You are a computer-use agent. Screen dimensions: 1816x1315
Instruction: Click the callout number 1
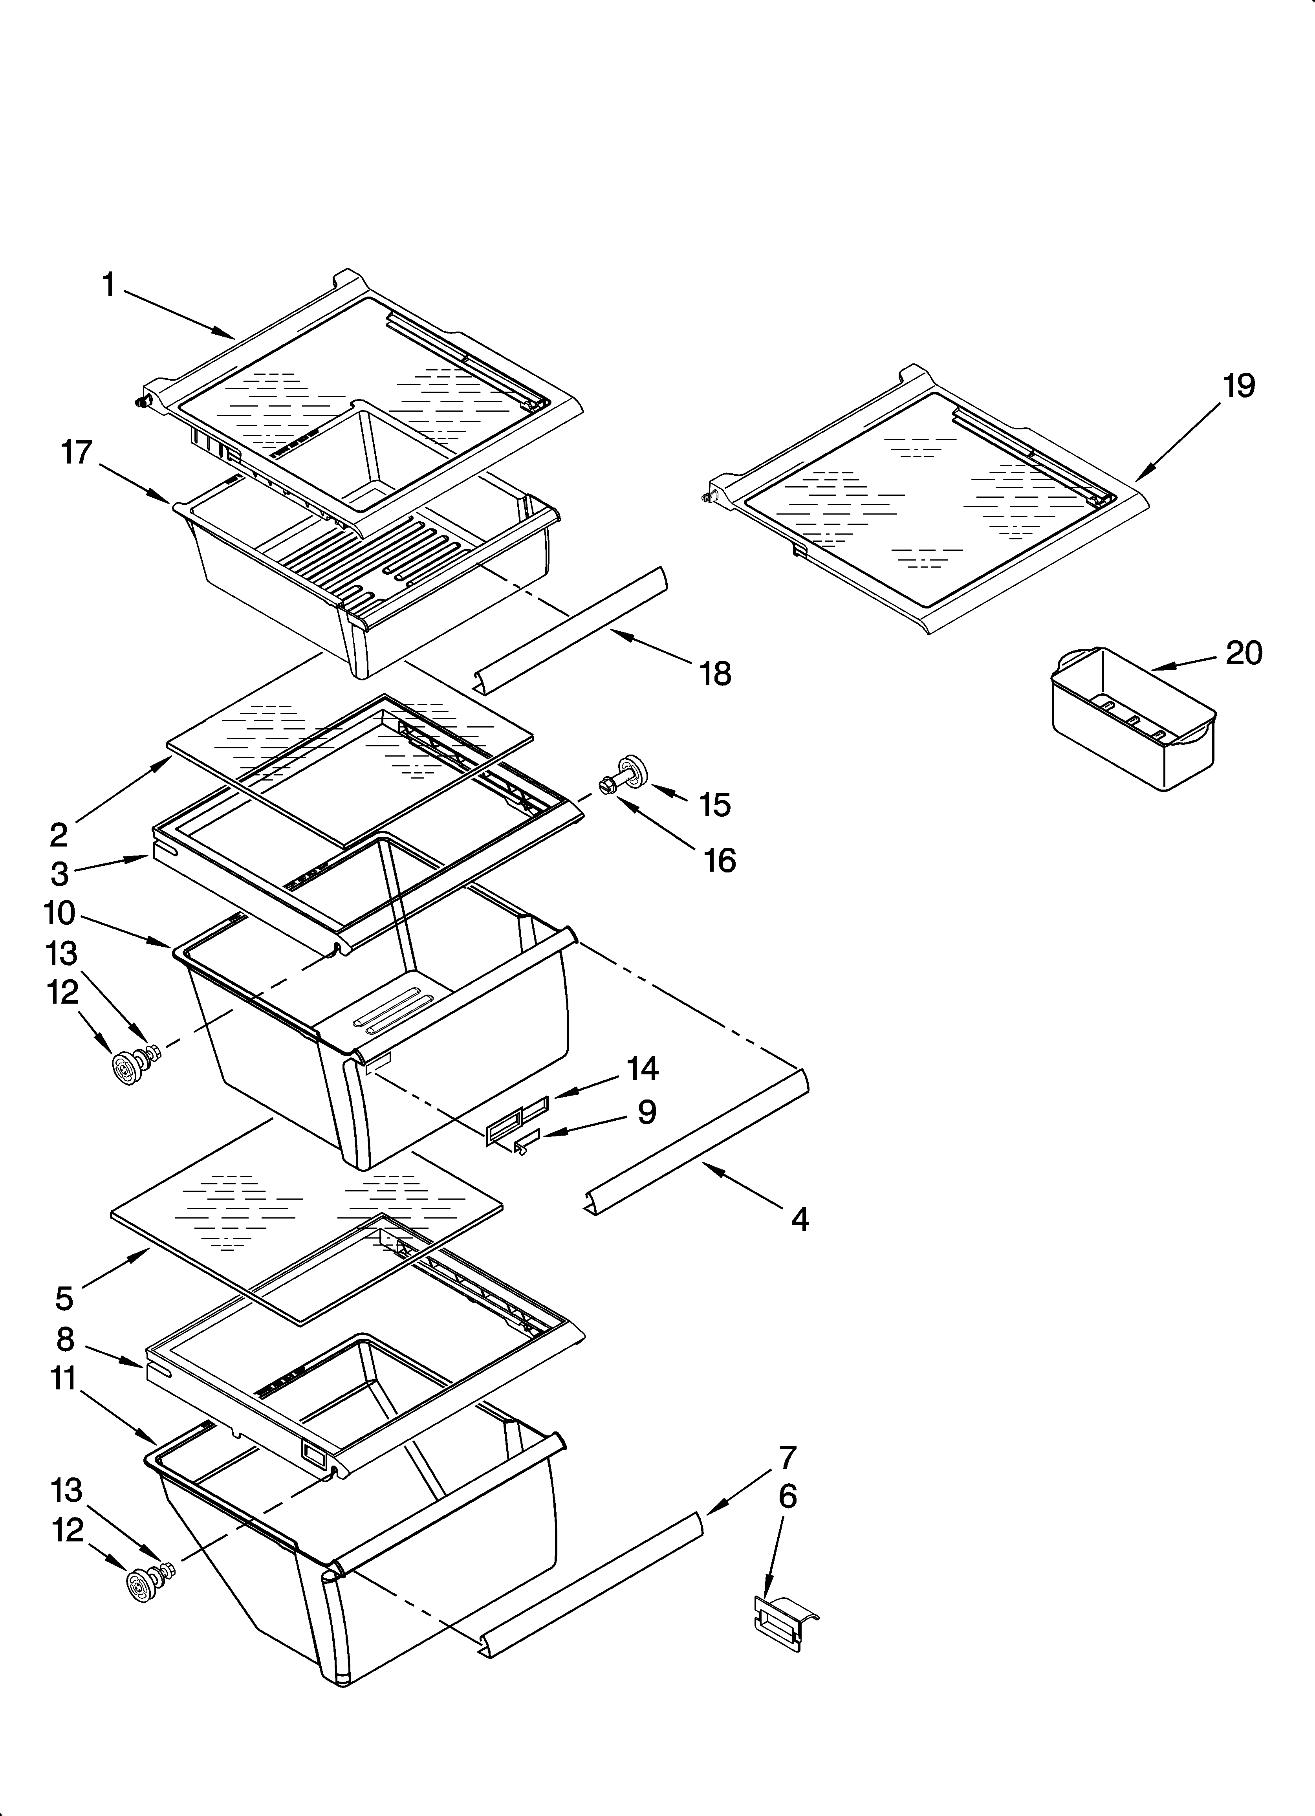pyautogui.click(x=110, y=285)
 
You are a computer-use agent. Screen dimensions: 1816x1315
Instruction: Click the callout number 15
pyautogui.click(x=714, y=804)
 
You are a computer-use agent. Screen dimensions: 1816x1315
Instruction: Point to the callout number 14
pyautogui.click(x=642, y=1068)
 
